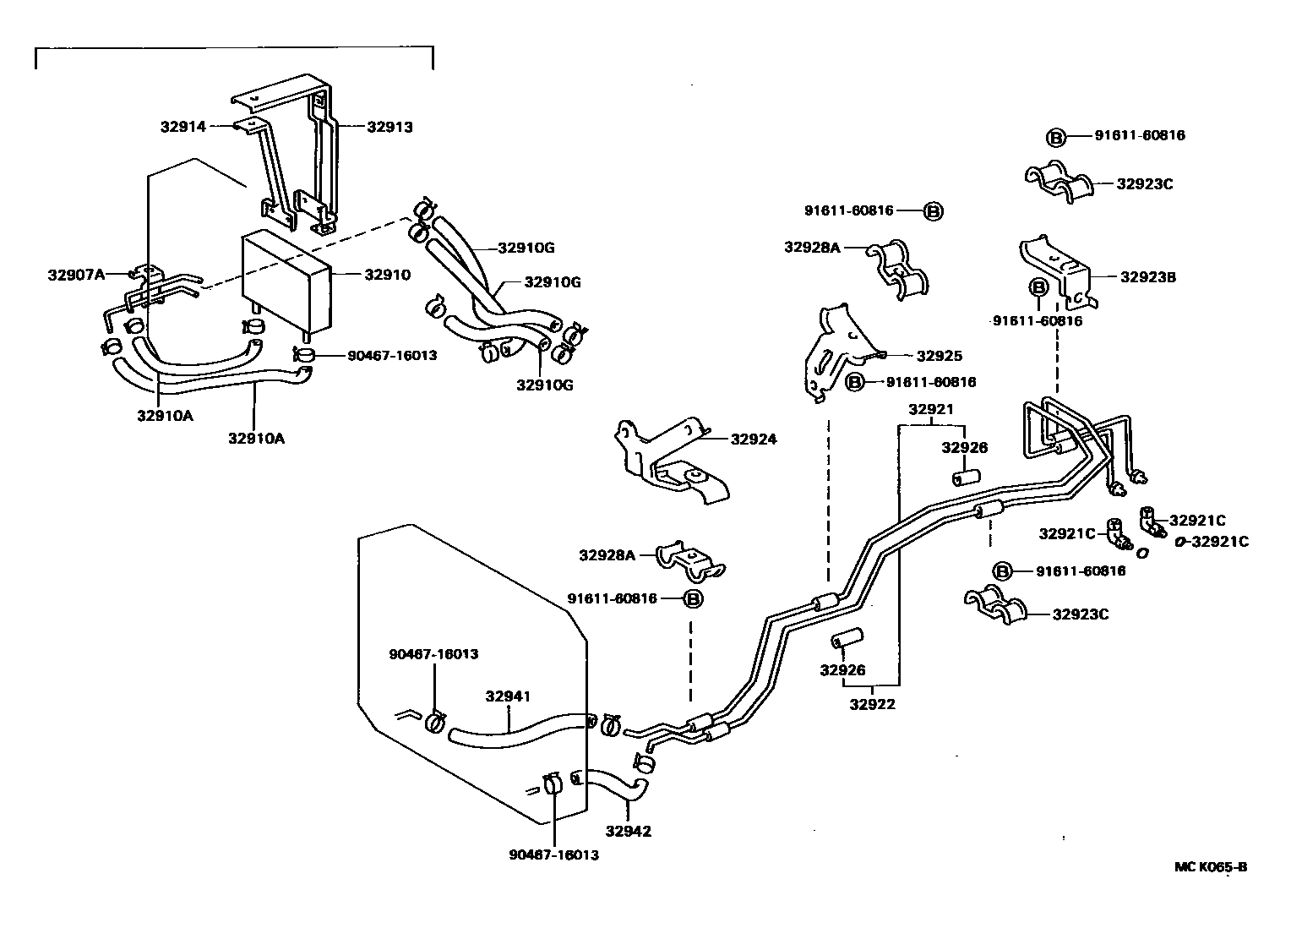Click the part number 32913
pos(389,127)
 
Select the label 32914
pos(182,127)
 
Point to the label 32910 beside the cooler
pos(388,275)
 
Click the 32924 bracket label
pos(754,440)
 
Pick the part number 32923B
pos(1148,276)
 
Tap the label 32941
pos(508,697)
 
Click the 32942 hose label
pos(629,831)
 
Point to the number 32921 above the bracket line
pos(931,410)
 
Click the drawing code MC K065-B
pos(1211,866)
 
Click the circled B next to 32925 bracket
pos(855,383)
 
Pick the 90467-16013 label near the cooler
pos(392,355)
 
